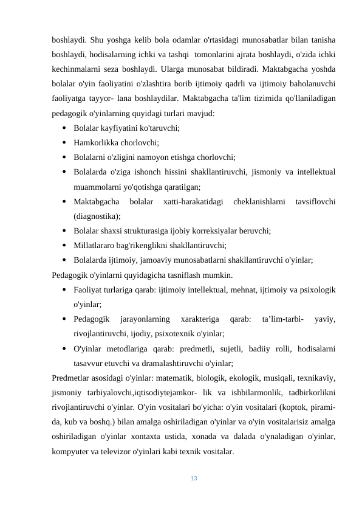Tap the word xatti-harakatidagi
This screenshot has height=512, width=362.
pos(193,201)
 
